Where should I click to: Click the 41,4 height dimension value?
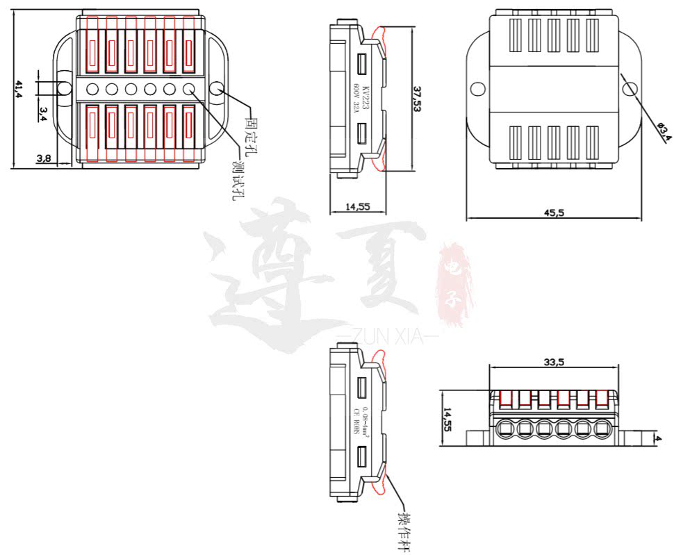[19, 88]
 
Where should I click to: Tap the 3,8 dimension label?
[44, 158]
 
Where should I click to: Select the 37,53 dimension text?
[416, 99]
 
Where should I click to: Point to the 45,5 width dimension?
[554, 213]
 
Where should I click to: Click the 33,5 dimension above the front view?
[554, 361]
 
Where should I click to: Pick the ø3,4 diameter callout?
[664, 129]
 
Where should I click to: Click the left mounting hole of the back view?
[477, 89]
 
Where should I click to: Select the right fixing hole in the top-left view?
[215, 88]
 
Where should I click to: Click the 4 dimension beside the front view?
[658, 439]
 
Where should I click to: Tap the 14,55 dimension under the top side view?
[355, 206]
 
